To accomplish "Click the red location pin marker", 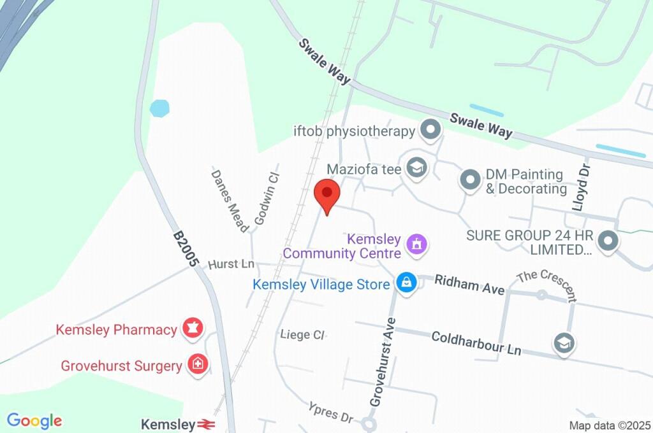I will click(327, 194).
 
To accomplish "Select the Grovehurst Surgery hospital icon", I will click(198, 365).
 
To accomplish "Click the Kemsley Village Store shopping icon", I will click(406, 283).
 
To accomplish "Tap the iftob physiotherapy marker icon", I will click(432, 131).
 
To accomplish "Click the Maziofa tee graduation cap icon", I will click(417, 168).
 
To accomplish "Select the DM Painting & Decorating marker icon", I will click(470, 180).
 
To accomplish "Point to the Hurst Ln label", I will click(231, 264).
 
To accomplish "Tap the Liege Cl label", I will click(302, 334).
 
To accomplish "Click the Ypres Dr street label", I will click(330, 413).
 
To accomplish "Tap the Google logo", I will click(34, 421).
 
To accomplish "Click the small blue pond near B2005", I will click(159, 108).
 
